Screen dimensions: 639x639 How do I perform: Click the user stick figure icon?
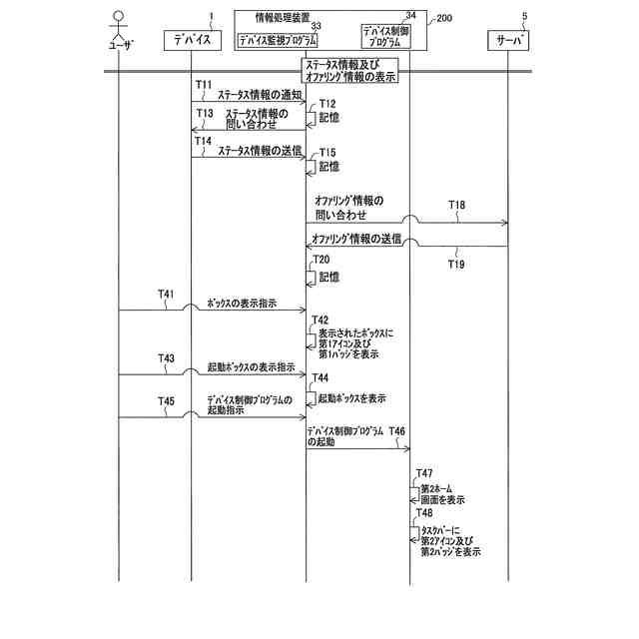118,24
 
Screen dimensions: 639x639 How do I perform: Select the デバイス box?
191,40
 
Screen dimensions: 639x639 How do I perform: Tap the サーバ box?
508,40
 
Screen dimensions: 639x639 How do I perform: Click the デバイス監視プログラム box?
278,40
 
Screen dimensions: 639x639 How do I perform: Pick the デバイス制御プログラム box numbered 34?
384,35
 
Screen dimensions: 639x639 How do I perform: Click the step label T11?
204,85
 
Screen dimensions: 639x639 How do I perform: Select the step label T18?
456,206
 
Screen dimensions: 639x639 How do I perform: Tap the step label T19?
455,265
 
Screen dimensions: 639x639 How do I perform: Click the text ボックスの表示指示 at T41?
242,303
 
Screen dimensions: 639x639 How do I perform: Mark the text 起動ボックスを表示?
352,397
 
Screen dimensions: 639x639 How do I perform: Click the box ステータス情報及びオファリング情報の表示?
350,69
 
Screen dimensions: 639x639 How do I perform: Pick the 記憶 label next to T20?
327,277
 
